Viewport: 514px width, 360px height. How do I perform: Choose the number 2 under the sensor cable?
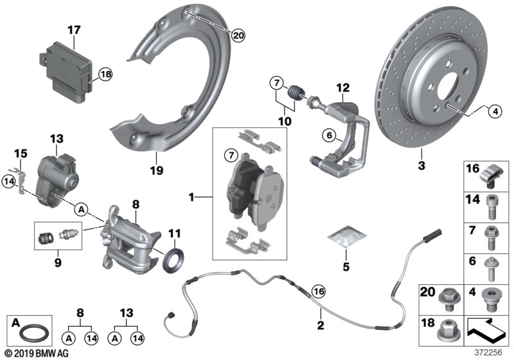(x=319, y=326)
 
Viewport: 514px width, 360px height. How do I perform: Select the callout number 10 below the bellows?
(x=284, y=120)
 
